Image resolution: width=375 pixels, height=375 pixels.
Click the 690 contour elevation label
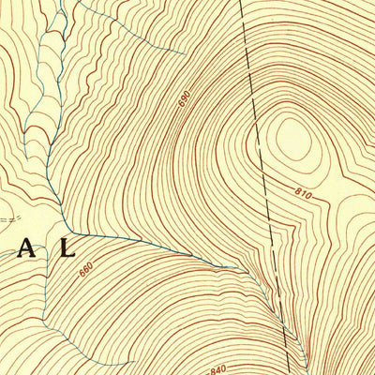184,97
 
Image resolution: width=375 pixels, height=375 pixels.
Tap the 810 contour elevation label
302,193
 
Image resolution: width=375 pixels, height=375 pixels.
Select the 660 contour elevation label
86,269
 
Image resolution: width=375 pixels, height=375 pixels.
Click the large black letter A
28,248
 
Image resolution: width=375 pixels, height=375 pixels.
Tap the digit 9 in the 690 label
184,97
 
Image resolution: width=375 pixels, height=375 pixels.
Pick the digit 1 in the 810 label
302,193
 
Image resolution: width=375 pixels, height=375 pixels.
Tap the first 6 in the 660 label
82,273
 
